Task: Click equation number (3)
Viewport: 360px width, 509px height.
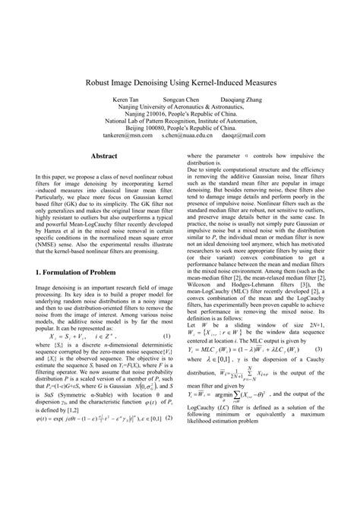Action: (x=320, y=327)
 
